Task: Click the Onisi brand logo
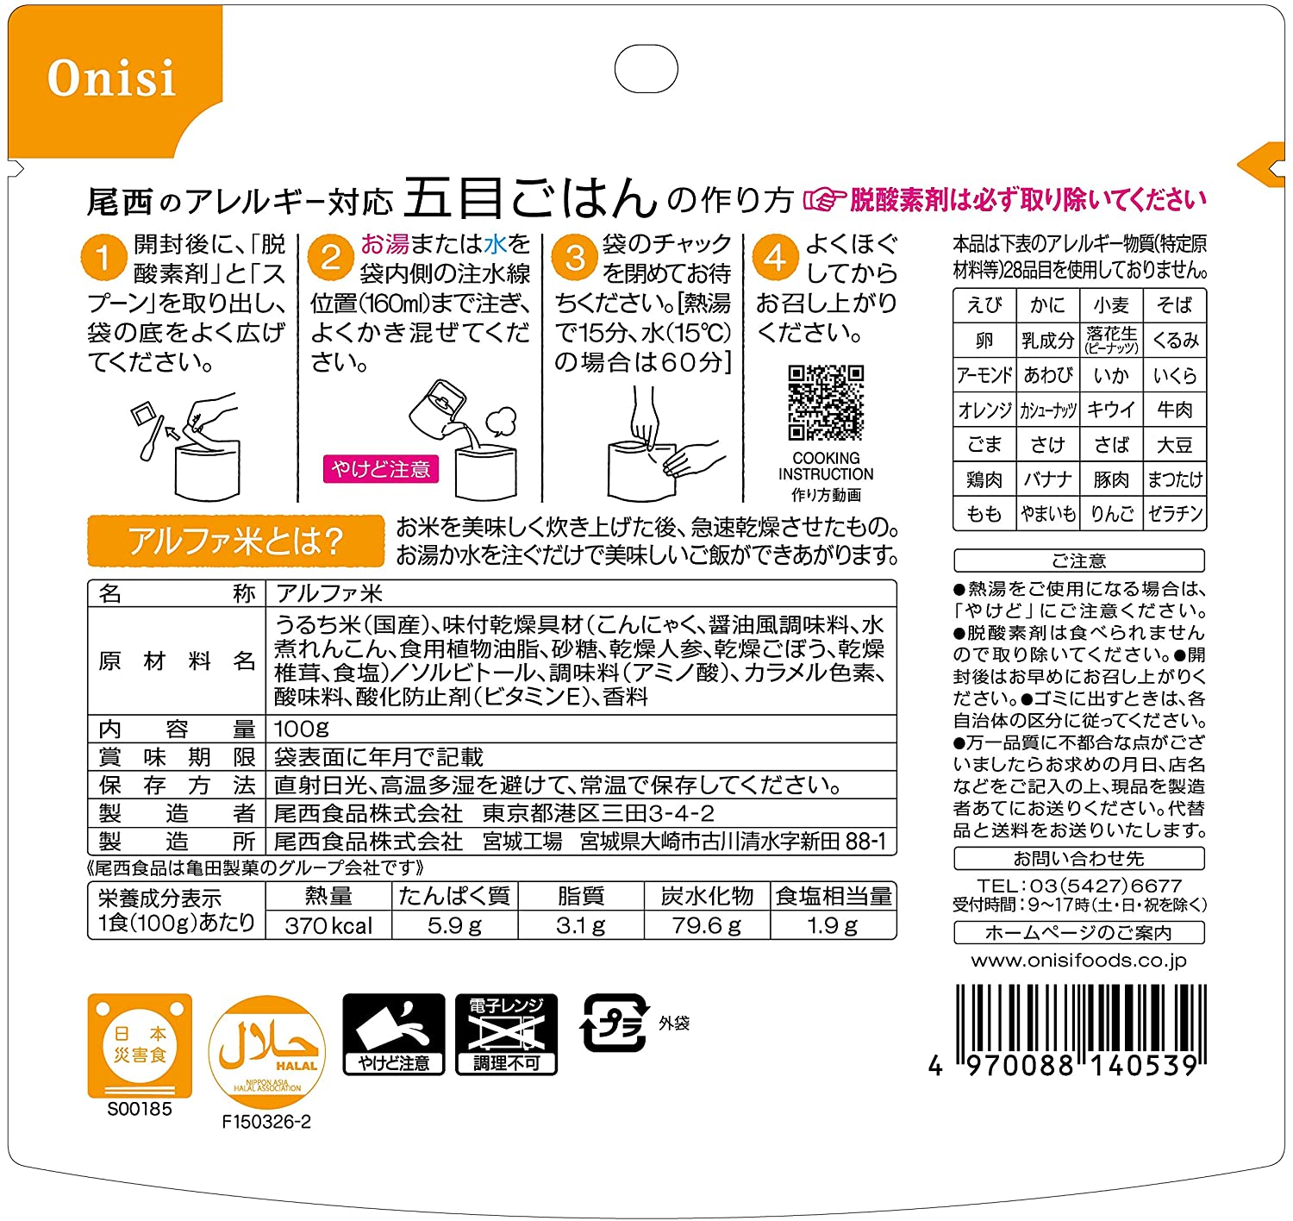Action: coord(111,78)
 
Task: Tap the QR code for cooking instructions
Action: coord(826,403)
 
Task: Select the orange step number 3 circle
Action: coord(574,257)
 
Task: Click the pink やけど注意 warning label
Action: coord(381,469)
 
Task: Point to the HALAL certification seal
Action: coord(267,1052)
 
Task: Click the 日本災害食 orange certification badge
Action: coord(140,1046)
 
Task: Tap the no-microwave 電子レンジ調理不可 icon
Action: coord(507,1034)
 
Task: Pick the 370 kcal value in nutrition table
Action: coord(328,926)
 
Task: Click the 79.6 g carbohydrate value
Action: coord(706,926)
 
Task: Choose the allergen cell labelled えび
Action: coord(984,305)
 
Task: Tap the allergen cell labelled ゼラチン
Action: coord(1175,514)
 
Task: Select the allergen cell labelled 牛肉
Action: coord(1175,410)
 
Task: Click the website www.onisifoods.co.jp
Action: coord(1079,961)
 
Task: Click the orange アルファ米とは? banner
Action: coord(235,541)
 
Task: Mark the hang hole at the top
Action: coord(646,68)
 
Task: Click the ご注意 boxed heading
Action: coord(1079,560)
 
